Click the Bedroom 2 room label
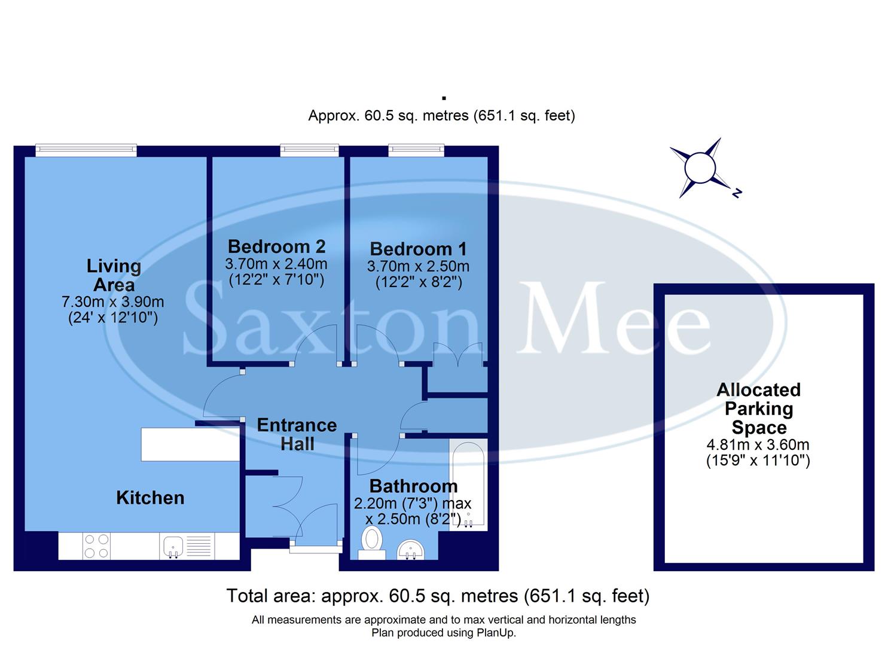pyautogui.click(x=276, y=246)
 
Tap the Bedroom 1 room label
pyautogui.click(x=418, y=249)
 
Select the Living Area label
pyautogui.click(x=114, y=275)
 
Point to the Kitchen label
pyautogui.click(x=150, y=498)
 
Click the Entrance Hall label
pyautogui.click(x=297, y=434)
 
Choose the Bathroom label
pyautogui.click(x=413, y=486)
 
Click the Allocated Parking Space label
pyautogui.click(x=758, y=409)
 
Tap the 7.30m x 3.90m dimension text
pyautogui.click(x=112, y=302)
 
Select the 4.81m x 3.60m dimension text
pyautogui.click(x=758, y=444)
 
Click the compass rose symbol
pyautogui.click(x=700, y=167)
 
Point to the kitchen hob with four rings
pyautogui.click(x=97, y=546)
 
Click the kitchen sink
pyautogui.click(x=172, y=546)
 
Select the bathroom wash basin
pyautogui.click(x=410, y=549)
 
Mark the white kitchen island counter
pyautogui.click(x=190, y=444)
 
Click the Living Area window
pyautogui.click(x=86, y=150)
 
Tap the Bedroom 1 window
pyautogui.click(x=416, y=150)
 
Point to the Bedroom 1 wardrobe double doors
pyautogui.click(x=457, y=354)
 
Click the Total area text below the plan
pyautogui.click(x=438, y=596)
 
